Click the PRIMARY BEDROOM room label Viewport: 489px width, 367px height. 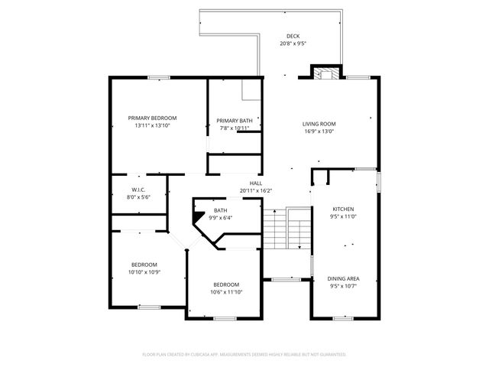152,118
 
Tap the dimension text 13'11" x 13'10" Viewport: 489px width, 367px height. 152,125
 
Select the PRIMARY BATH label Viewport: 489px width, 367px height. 234,121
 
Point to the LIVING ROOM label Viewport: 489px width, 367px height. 319,124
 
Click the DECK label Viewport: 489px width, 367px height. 293,36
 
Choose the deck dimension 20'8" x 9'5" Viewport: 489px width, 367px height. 293,44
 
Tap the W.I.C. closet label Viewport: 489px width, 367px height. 138,190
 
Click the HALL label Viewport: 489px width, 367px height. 256,183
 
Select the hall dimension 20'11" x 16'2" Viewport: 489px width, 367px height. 256,190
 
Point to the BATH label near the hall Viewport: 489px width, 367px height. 220,210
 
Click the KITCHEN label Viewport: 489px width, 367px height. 343,209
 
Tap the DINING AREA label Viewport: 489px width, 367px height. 343,278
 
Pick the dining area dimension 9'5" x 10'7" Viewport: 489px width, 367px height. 343,286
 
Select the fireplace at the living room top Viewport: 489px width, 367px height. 326,73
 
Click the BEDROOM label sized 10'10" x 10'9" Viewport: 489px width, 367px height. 144,265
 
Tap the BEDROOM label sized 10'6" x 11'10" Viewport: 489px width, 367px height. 226,284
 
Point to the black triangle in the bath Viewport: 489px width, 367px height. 199,217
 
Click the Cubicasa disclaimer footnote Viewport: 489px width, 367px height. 244,354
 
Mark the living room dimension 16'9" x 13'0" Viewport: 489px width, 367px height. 319,132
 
